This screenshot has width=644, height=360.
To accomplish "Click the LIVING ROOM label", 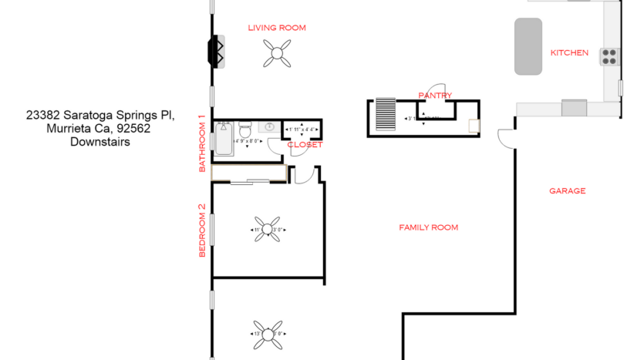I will coord(276,28).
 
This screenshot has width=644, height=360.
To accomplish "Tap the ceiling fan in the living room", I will coord(276,53).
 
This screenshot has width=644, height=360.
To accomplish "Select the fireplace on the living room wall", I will coord(215,52).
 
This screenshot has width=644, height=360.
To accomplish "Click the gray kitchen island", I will coord(528,46).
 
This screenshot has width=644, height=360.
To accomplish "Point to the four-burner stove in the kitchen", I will coord(609,56).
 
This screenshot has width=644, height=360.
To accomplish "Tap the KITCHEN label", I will coord(569,53).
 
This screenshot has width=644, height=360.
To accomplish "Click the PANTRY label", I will coord(435,96).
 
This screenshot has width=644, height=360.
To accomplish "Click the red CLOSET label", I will coord(305,145).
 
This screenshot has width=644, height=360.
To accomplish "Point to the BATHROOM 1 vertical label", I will coord(202,143).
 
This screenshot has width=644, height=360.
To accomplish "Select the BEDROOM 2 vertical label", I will coord(202,230).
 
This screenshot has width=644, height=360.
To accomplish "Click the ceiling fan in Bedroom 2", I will coord(268,229).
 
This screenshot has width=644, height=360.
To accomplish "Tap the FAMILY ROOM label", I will coord(428,227).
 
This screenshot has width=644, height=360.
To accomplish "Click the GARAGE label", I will coord(567,190).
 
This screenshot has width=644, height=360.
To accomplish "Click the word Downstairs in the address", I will coord(99,142).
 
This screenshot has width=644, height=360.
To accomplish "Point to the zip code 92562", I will coord(133,129).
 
